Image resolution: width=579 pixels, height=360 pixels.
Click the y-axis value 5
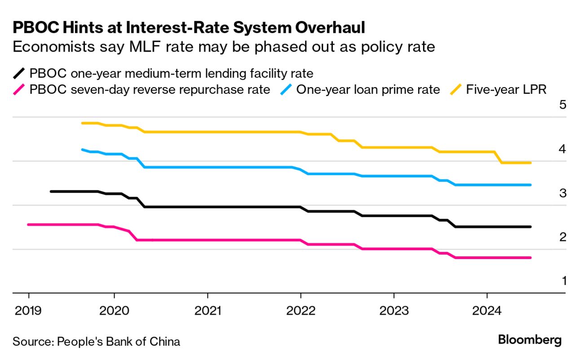click(x=562, y=105)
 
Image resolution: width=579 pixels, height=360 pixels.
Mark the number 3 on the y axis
click(x=562, y=193)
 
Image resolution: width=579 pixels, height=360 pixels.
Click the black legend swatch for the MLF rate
click(x=19, y=73)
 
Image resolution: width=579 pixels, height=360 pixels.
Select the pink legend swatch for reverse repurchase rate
click(x=19, y=89)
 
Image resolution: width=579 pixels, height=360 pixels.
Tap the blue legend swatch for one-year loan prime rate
click(x=286, y=89)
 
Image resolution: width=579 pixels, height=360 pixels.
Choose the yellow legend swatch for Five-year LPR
click(x=456, y=89)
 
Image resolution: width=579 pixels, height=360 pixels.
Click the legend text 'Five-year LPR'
click(x=506, y=89)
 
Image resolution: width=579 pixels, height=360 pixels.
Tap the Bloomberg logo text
click(x=530, y=340)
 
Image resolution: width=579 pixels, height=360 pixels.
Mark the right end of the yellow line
click(x=530, y=163)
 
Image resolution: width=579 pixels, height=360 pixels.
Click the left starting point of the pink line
click(x=28, y=224)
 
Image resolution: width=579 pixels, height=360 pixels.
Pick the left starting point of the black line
click(x=51, y=191)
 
